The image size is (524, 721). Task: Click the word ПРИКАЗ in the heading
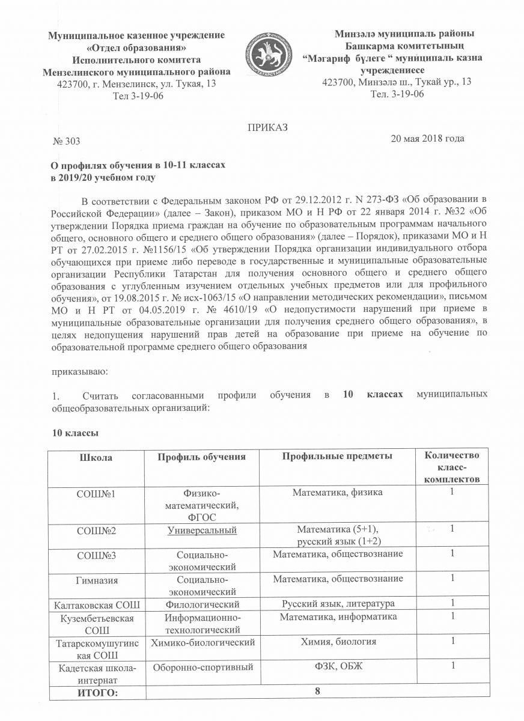pos(268,127)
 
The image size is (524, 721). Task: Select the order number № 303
pos(67,141)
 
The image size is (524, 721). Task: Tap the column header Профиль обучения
pos(201,457)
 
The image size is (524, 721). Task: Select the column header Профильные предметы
pos(338,457)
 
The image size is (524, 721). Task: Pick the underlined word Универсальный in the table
pos(201,529)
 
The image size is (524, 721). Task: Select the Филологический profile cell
pos(201,603)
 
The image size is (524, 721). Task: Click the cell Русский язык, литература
pos(338,603)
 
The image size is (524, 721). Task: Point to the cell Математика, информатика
pos(338,617)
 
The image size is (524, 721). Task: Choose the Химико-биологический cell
pos(201,642)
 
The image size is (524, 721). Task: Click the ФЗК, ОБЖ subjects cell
pos(338,666)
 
